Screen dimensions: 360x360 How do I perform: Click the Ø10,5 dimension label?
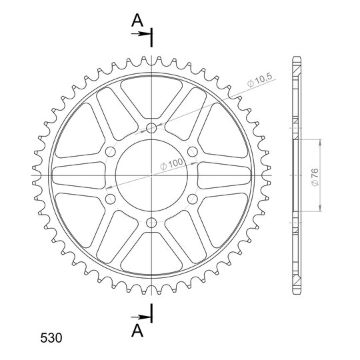point(259,80)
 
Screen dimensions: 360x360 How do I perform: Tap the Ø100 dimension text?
point(172,164)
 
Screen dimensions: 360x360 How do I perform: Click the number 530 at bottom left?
point(51,338)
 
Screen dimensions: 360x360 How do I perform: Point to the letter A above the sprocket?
point(137,20)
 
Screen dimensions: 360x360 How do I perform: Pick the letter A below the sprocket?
point(137,331)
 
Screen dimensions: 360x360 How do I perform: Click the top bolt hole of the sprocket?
point(151,127)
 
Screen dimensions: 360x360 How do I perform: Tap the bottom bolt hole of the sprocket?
point(151,222)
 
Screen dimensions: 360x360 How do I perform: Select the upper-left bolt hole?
point(110,151)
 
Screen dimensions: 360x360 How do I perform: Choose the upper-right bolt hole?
point(193,151)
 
